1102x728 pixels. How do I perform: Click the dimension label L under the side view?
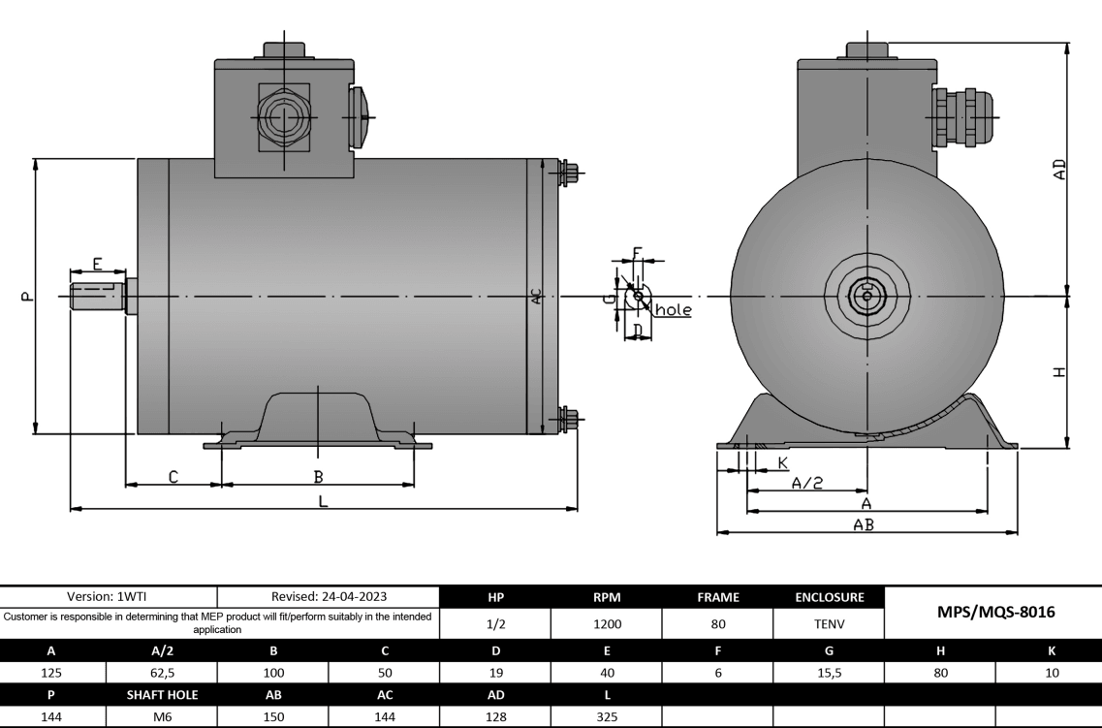(x=324, y=501)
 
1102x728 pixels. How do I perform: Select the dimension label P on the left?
(x=26, y=297)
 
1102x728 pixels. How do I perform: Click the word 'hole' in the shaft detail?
(x=674, y=310)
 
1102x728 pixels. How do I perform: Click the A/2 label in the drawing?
(x=807, y=483)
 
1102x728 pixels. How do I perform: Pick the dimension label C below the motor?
(x=173, y=476)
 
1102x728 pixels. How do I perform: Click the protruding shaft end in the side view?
(x=97, y=296)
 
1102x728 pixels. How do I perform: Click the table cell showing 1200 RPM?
(x=606, y=625)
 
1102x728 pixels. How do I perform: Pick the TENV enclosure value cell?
(x=827, y=625)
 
